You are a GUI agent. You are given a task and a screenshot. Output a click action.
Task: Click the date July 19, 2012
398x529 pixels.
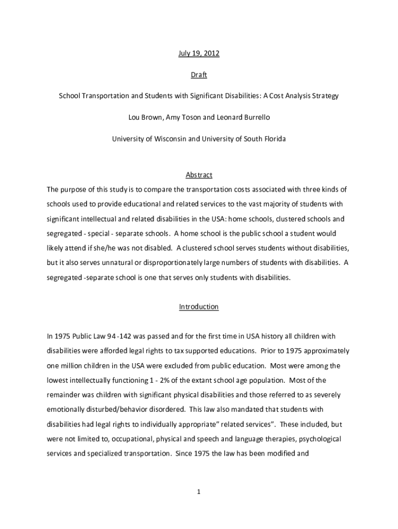point(198,54)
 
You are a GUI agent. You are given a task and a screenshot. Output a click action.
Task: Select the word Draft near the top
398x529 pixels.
point(198,75)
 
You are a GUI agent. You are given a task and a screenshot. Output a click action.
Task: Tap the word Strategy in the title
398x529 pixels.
point(324,96)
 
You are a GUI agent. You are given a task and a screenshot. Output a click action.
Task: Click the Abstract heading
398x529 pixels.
point(198,175)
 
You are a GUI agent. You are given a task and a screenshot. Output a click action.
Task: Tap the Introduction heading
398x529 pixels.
point(198,307)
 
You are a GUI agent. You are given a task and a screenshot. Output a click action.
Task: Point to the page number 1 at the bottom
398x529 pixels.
point(198,492)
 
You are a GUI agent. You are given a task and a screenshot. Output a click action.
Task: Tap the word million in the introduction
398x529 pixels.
point(70,366)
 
